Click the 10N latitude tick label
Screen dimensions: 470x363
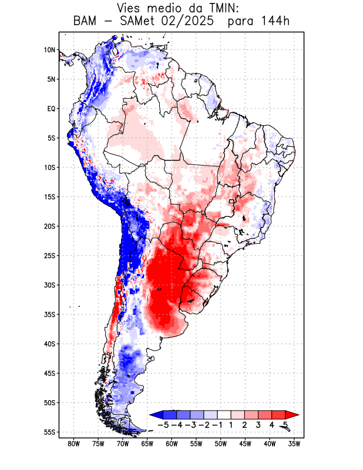49,50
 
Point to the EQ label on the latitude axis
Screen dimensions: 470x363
51,109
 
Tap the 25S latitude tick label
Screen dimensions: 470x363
49,256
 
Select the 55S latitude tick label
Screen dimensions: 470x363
49,432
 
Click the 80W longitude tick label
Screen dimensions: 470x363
74,444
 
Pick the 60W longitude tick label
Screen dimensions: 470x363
172,444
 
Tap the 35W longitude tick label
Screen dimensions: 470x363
294,444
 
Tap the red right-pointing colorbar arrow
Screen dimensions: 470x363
291,415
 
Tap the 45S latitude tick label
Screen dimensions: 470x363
49,373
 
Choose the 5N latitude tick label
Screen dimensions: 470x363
51,79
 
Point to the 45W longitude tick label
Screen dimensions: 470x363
246,444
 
